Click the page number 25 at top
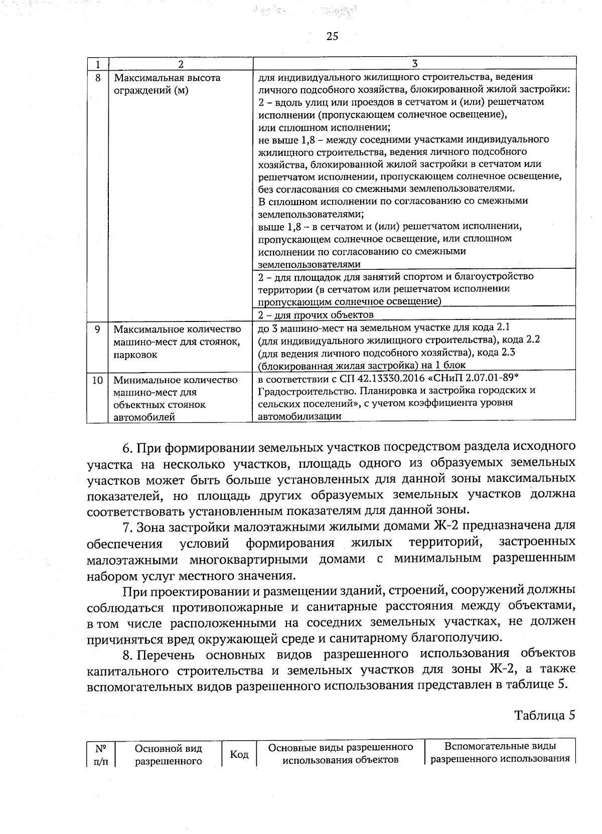point(332,36)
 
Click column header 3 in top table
point(414,64)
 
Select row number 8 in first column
point(98,78)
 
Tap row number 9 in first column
point(98,329)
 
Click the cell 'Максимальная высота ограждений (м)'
point(167,85)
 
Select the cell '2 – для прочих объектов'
point(316,315)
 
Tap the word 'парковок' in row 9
point(135,355)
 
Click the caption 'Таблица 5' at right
point(544,715)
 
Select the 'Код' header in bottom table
point(239,754)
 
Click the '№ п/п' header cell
point(100,754)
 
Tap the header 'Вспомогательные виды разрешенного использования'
point(500,753)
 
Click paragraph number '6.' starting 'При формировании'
point(128,447)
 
